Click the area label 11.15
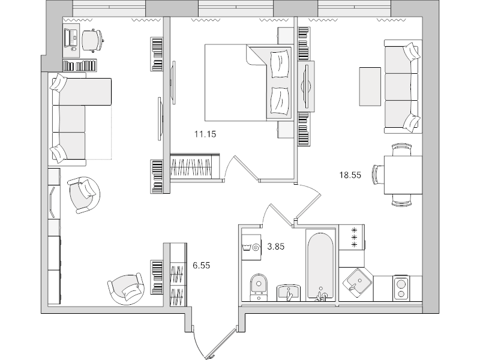(x=205, y=134)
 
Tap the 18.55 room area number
(x=350, y=175)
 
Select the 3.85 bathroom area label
(x=276, y=247)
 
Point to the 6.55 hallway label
(x=202, y=265)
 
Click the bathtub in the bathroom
(x=320, y=266)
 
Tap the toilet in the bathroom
(x=259, y=287)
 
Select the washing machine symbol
(x=251, y=247)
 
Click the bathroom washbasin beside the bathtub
(x=289, y=293)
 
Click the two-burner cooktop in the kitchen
(x=401, y=288)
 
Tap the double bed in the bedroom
(x=248, y=83)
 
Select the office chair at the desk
(x=92, y=40)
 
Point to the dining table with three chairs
(x=403, y=175)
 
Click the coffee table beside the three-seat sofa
(x=370, y=86)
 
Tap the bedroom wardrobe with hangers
(x=194, y=168)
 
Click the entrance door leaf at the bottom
(x=221, y=343)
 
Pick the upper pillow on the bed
(x=280, y=64)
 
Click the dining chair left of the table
(x=378, y=175)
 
